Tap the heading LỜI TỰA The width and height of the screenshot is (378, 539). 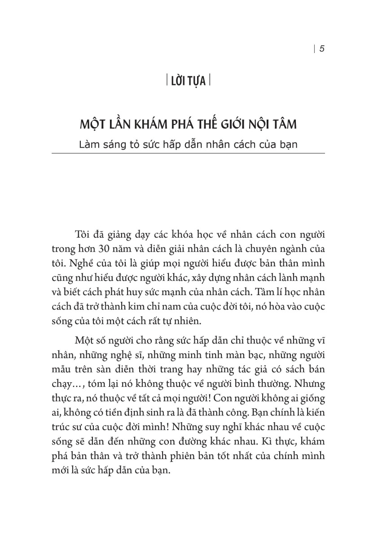[189, 82]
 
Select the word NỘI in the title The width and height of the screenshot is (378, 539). [264, 124]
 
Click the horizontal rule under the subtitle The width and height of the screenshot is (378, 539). [189, 154]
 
